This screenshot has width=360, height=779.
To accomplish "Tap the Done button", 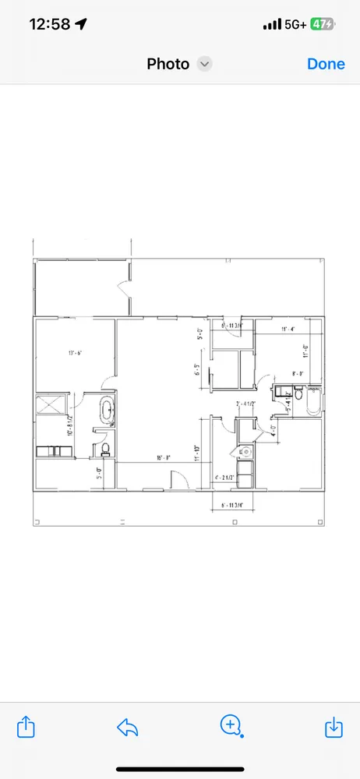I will [x=326, y=64].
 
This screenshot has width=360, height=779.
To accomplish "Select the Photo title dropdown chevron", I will [x=204, y=64].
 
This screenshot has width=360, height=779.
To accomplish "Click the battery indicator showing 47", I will [x=323, y=24].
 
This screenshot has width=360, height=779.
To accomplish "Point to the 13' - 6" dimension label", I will [x=75, y=353].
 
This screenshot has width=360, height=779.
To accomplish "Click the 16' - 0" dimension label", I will [x=164, y=458].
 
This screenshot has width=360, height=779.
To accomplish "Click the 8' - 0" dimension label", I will [x=297, y=374].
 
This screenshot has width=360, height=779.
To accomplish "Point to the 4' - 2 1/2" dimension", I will [x=226, y=478].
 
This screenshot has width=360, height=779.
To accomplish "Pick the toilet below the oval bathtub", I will [x=104, y=449].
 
